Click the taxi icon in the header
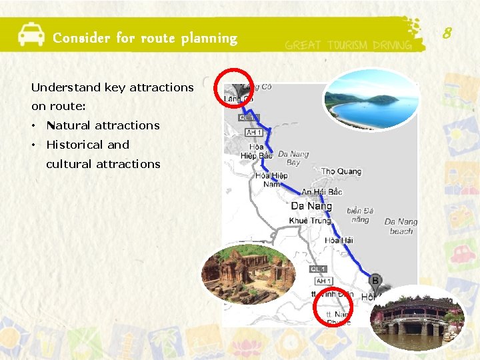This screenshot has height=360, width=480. [31, 33]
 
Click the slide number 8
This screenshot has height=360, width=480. [447, 31]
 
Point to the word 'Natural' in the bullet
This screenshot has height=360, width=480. [69, 125]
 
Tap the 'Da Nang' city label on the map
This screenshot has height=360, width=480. [311, 206]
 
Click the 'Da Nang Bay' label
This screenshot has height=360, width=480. [293, 158]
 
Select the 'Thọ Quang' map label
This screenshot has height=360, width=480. [341, 171]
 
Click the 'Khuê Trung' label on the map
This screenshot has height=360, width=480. [311, 220]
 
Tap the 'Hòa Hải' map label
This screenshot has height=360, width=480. [339, 240]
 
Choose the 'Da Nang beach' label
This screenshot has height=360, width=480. [401, 226]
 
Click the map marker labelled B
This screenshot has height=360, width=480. [375, 281]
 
